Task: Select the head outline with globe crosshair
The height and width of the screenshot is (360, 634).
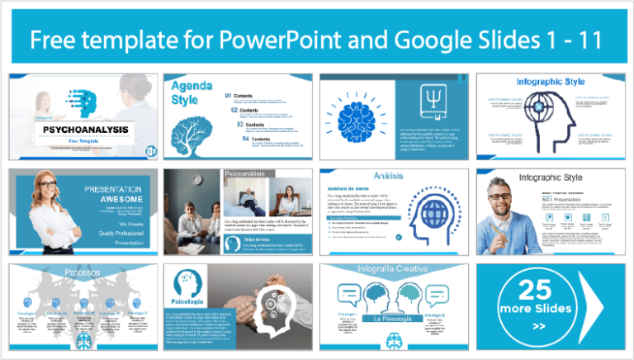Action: (x=552, y=121)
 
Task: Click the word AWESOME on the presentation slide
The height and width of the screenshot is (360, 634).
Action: (x=109, y=199)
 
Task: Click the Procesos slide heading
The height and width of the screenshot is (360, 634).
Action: (x=83, y=272)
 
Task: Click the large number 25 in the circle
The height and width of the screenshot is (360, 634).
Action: (x=537, y=289)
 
